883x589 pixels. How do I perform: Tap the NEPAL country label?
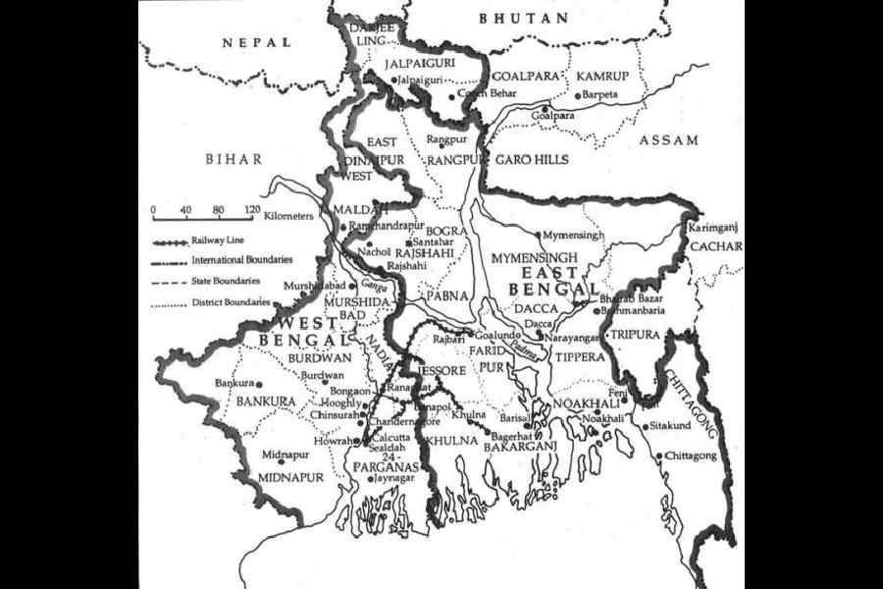click(256, 42)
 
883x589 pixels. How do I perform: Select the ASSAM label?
click(669, 140)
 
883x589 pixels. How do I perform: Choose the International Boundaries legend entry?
click(241, 260)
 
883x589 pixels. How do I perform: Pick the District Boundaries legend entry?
click(233, 302)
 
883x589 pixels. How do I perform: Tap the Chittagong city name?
click(691, 456)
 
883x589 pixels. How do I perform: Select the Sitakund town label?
click(673, 427)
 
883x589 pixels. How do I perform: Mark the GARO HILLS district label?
click(531, 159)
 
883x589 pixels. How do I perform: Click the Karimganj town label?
click(712, 227)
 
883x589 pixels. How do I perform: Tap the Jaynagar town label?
click(393, 479)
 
